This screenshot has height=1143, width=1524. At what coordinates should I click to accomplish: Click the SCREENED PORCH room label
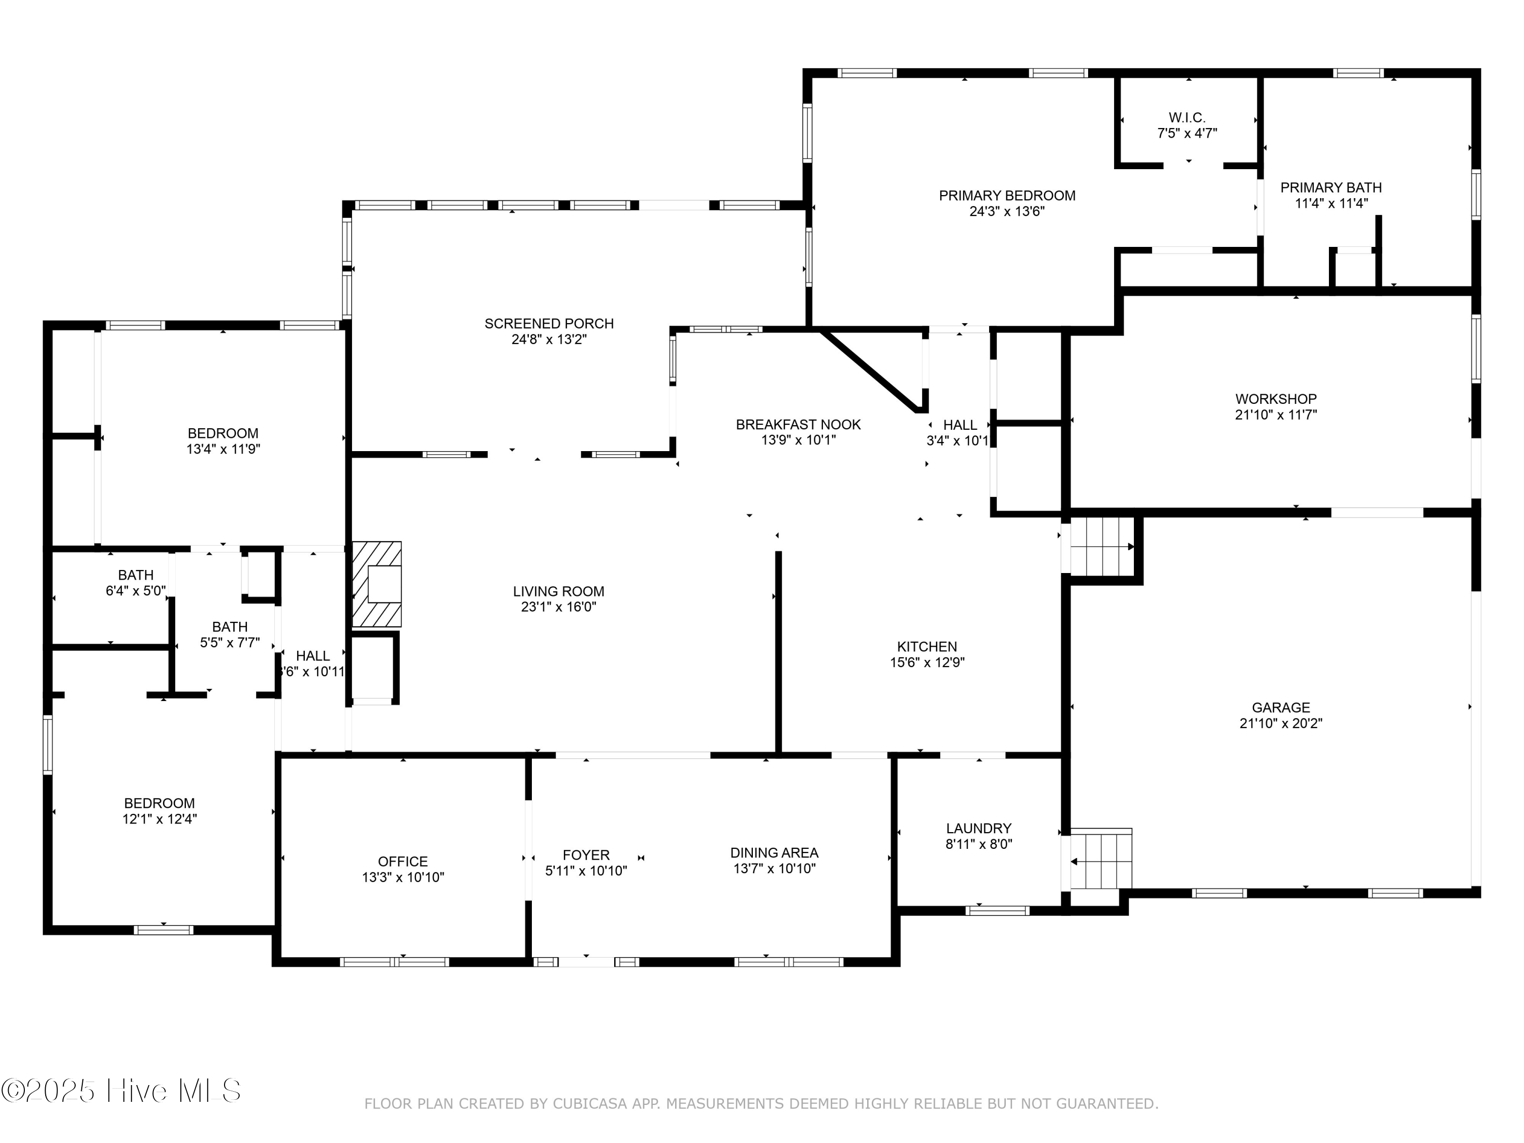tap(549, 324)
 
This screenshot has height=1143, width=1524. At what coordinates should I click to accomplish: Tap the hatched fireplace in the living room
tap(377, 584)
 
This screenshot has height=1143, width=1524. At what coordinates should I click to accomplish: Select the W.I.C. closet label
tap(1187, 118)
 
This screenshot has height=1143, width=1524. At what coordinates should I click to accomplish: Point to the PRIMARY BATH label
tap(1331, 187)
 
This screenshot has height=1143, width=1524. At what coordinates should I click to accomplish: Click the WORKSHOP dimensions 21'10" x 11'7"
tap(1276, 415)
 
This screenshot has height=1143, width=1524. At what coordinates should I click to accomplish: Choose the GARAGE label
tap(1281, 708)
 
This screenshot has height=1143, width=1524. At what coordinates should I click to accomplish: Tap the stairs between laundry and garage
tap(1100, 861)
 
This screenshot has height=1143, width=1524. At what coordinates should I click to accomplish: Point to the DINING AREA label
tap(774, 853)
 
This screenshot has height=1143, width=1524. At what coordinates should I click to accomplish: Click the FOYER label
tap(586, 855)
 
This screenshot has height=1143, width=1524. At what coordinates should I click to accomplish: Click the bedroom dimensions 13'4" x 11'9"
tap(223, 449)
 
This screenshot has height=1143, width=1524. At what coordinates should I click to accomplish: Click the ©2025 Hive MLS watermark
tap(121, 1091)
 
